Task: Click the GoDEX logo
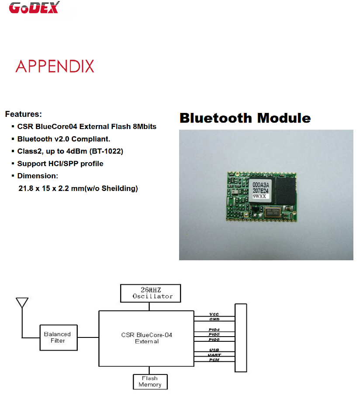pyautogui.click(x=35, y=8)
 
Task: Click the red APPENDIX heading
pyautogui.click(x=55, y=66)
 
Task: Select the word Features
pyautogui.click(x=23, y=114)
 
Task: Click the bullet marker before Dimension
pyautogui.click(x=13, y=176)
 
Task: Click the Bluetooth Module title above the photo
pyautogui.click(x=245, y=118)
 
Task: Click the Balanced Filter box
pyautogui.click(x=57, y=337)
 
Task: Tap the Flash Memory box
pyautogui.click(x=150, y=381)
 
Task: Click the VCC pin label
pyautogui.click(x=214, y=314)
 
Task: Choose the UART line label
pyautogui.click(x=214, y=355)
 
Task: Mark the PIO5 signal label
pyautogui.click(x=214, y=334)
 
